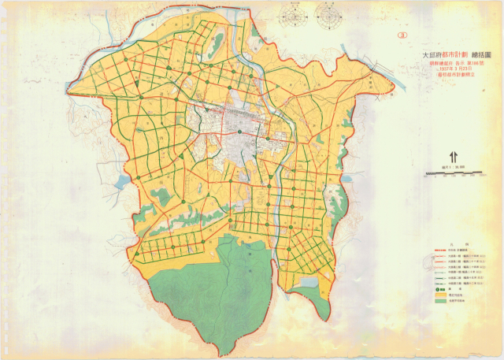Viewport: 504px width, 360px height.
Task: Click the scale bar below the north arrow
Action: pos(452,173)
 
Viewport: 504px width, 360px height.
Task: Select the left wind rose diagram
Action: pos(297,13)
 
